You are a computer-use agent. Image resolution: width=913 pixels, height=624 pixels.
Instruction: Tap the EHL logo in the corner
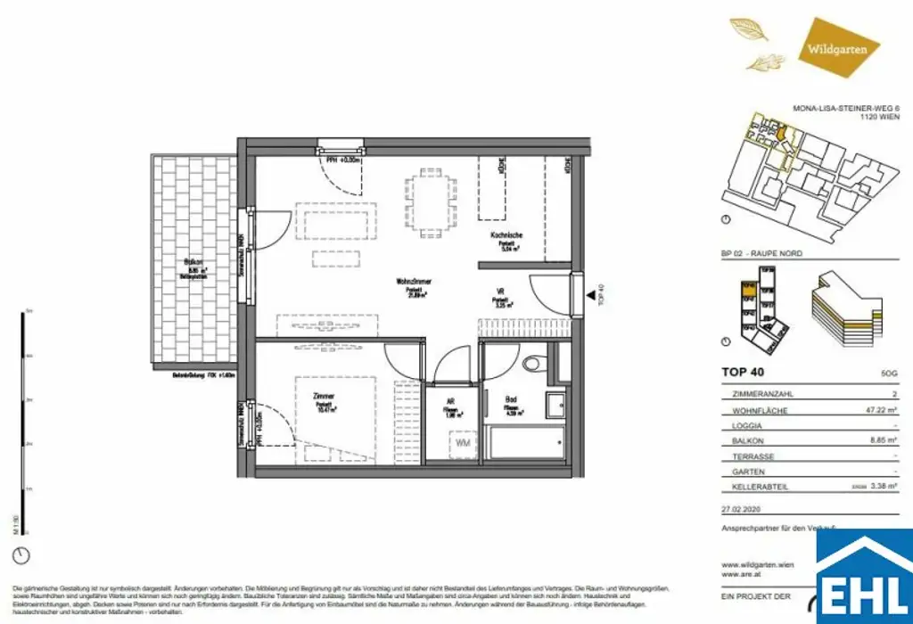[x=862, y=579]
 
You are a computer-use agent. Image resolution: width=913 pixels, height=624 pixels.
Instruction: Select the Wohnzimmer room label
[x=414, y=282]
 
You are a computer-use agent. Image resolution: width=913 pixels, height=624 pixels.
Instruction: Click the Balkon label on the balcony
[x=190, y=262]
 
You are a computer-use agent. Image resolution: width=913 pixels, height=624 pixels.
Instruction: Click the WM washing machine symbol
[x=463, y=443]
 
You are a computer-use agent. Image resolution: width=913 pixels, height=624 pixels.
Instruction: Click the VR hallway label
[x=500, y=291]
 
